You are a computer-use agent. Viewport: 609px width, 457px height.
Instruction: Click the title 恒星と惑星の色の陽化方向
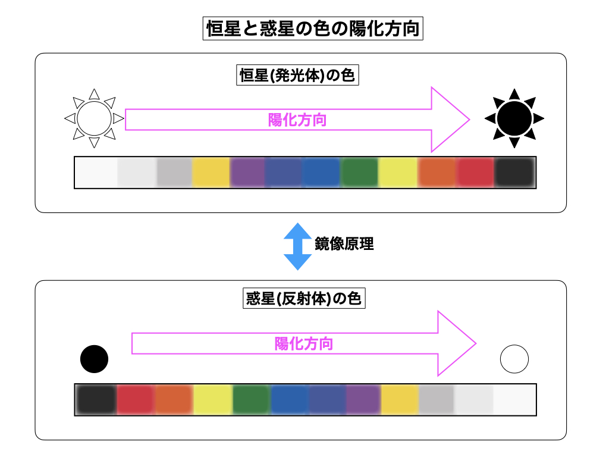click(313, 29)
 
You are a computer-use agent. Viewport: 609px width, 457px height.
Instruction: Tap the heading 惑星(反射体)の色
click(304, 298)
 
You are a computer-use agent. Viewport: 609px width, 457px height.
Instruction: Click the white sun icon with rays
click(94, 118)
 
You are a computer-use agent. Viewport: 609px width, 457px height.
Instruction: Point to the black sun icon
click(514, 118)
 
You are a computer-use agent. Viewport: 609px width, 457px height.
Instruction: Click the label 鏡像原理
click(344, 243)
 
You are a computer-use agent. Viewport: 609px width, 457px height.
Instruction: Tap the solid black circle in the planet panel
click(94, 359)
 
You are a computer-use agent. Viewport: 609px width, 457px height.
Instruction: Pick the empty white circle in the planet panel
click(514, 359)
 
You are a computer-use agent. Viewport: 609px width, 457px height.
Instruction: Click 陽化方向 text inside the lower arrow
click(304, 343)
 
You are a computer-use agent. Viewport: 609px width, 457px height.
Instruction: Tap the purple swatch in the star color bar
click(247, 173)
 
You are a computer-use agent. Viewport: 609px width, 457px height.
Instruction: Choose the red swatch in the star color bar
click(475, 173)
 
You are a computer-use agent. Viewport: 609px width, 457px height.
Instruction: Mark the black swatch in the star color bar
click(515, 173)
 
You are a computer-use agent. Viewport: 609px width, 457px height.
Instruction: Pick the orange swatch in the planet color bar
click(174, 399)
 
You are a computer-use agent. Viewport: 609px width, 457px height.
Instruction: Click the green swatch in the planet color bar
click(251, 399)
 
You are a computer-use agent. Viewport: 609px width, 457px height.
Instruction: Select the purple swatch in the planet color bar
click(363, 399)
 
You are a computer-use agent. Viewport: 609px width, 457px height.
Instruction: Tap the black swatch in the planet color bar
click(96, 399)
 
